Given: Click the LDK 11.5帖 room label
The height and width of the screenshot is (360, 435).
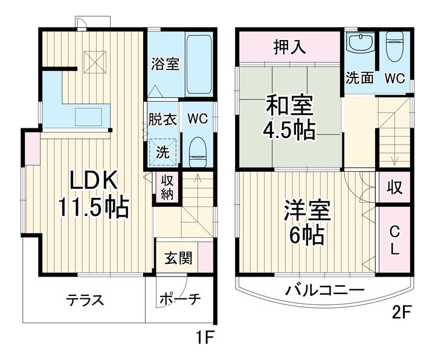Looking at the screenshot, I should (x=93, y=194).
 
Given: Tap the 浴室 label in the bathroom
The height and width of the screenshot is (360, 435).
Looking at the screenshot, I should (x=164, y=63).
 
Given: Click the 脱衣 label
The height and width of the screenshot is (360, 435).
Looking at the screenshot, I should (x=163, y=119).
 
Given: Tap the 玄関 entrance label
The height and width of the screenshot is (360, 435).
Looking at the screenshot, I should (x=179, y=258).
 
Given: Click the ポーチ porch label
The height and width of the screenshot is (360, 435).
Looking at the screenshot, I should (x=180, y=299).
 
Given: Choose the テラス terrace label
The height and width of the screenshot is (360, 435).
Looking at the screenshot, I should (x=85, y=299).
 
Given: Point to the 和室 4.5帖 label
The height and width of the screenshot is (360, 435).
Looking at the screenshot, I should (x=289, y=117).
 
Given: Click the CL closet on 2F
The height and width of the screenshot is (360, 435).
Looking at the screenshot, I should (x=393, y=239).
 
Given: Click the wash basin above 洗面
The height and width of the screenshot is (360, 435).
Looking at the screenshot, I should (x=359, y=45).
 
